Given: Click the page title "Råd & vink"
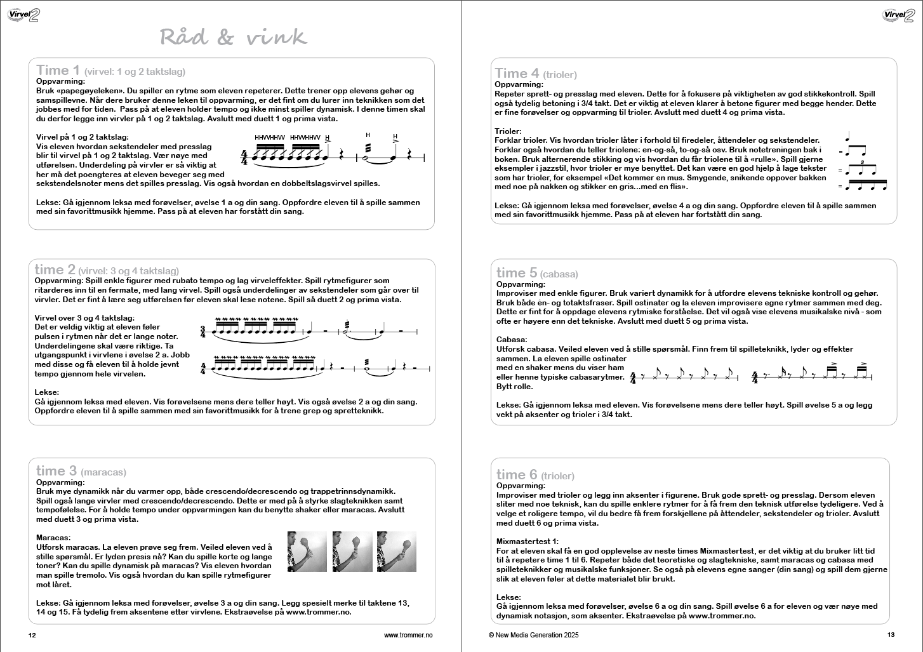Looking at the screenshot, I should tap(233, 37).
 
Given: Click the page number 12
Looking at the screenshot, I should tap(32, 635).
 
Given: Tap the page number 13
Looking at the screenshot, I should tap(891, 635).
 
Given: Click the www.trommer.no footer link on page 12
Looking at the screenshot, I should tap(408, 635).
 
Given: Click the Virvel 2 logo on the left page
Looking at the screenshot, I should tap(23, 15).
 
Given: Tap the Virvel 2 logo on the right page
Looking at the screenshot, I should tap(898, 15).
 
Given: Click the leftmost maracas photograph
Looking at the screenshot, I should tap(307, 552).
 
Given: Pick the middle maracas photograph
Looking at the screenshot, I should tap(352, 552).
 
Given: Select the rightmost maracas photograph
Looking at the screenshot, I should tap(397, 552).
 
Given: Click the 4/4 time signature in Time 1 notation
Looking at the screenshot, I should tap(244, 157).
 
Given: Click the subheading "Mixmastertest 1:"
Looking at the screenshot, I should tap(528, 542).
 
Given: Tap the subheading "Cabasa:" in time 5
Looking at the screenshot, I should tap(512, 340).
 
